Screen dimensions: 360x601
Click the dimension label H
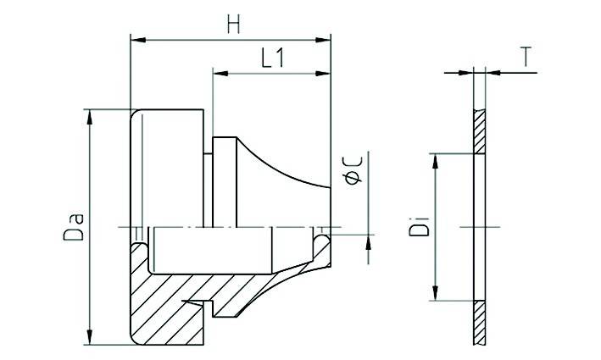[x=233, y=25]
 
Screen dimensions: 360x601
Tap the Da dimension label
[x=74, y=227]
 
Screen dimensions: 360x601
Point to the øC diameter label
[x=355, y=167]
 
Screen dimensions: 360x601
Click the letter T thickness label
[x=526, y=57]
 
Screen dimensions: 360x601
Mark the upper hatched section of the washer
[x=480, y=132]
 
